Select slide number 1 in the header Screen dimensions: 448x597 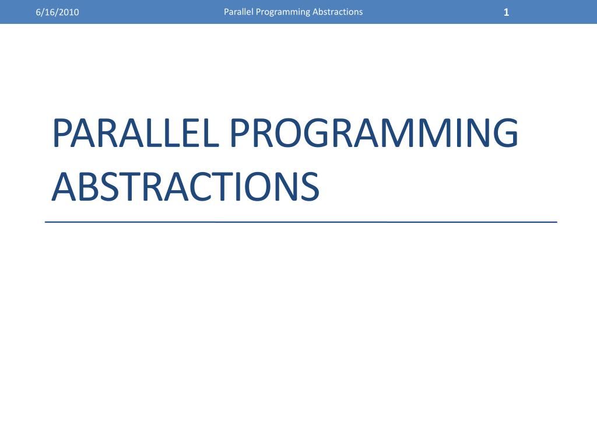[x=507, y=12]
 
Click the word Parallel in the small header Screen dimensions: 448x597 [x=238, y=12]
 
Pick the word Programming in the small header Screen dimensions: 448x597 [x=282, y=12]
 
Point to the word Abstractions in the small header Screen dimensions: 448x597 [x=338, y=12]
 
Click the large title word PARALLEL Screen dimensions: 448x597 [x=136, y=134]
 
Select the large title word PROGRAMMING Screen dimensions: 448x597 [x=373, y=134]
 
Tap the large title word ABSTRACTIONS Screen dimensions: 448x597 [x=185, y=187]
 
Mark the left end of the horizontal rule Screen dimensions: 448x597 [x=47, y=222]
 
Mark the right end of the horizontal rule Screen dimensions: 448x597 [x=556, y=222]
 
